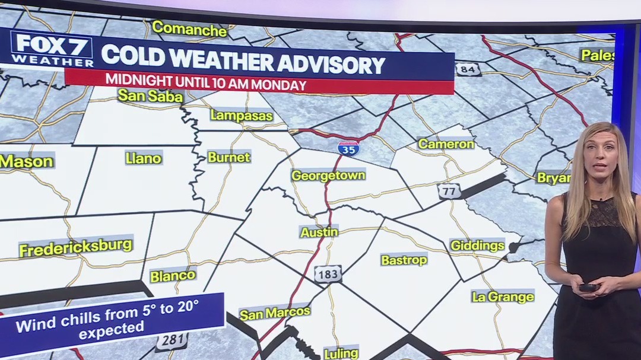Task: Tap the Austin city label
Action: [319, 232]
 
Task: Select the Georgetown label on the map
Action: [328, 176]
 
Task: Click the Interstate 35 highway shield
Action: [348, 148]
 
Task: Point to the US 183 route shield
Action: [328, 274]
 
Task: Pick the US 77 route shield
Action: [449, 191]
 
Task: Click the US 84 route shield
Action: [468, 69]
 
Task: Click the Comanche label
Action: [189, 28]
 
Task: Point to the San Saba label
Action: [150, 96]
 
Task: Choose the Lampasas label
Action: [242, 116]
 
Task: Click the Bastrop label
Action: [404, 260]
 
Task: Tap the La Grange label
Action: [503, 297]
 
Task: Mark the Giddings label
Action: [477, 246]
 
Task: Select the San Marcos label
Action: [274, 313]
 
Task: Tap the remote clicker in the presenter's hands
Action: [588, 288]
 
